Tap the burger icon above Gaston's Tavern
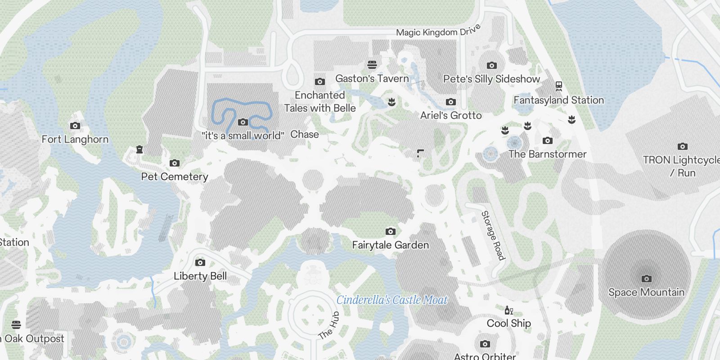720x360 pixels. tap(372, 65)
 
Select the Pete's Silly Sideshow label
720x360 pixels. tap(491, 79)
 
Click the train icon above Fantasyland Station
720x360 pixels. tap(559, 85)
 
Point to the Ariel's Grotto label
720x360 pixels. tap(451, 116)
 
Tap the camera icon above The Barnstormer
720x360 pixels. tap(547, 141)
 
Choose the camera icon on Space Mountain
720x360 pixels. tap(646, 279)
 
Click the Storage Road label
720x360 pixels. tap(493, 235)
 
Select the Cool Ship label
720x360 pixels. tap(509, 324)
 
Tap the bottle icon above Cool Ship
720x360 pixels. tap(509, 310)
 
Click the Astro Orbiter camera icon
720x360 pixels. tap(485, 344)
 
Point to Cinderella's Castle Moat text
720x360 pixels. tap(392, 300)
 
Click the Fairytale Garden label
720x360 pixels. tap(390, 245)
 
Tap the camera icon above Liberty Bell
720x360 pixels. tap(200, 263)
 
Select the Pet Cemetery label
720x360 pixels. tap(175, 177)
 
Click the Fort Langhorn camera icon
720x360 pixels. tap(75, 126)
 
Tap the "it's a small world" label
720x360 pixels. tap(243, 135)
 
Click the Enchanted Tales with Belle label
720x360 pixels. tap(319, 102)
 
